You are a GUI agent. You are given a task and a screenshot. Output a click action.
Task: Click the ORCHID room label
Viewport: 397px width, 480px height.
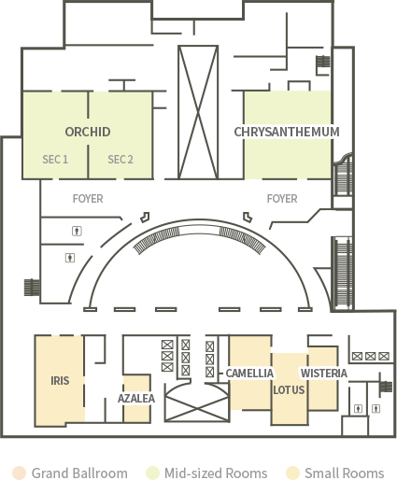pos(88,132)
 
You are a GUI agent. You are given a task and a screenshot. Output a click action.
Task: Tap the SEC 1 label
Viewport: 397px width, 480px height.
pos(55,160)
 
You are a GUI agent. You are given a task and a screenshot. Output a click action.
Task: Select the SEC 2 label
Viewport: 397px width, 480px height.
pos(121,160)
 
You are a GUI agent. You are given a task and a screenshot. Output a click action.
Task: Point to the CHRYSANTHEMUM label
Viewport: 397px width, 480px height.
pos(287,132)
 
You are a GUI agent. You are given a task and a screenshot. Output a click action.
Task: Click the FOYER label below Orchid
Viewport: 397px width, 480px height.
pos(88,199)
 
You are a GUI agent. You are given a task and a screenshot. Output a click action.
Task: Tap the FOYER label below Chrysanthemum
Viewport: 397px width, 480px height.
pos(282,199)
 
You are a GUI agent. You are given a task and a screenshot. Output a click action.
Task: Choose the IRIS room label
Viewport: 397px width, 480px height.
pos(60,380)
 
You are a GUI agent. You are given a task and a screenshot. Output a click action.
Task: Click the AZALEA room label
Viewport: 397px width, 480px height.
pos(136,398)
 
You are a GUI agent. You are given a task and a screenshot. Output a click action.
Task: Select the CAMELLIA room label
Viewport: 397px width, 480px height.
pos(249,373)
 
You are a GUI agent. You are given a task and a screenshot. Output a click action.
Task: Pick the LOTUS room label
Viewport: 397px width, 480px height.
pos(289,389)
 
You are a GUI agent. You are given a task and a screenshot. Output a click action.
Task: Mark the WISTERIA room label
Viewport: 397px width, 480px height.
pos(324,373)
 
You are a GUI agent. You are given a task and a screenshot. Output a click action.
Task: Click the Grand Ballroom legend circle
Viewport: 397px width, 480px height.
pos(19,473)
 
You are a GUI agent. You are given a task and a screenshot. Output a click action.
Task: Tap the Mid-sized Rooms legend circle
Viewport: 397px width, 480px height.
pos(152,473)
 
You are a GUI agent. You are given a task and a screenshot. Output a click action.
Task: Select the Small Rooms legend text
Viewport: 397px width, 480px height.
pos(344,473)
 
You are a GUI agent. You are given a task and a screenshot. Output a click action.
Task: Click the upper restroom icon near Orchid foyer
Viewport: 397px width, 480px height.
pos(77,231)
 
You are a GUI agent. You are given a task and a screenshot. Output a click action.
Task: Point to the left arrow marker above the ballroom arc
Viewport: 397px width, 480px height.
pos(145,218)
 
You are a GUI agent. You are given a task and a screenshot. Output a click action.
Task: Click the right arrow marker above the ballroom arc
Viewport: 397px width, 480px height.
pos(248,218)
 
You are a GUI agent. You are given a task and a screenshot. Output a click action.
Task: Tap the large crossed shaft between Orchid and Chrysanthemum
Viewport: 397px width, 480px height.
pos(198,112)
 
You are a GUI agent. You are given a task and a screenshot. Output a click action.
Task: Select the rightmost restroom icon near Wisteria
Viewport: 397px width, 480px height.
pos(376,408)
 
